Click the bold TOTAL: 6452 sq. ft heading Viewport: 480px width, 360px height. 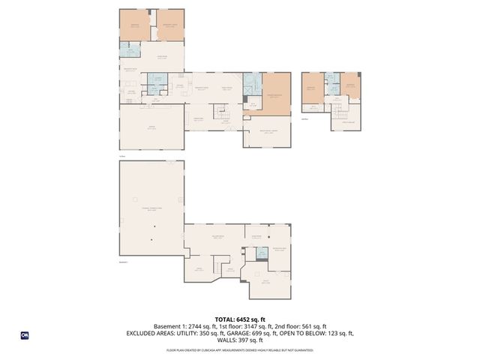coord(240,319)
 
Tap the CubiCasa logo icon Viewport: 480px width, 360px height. coord(24,335)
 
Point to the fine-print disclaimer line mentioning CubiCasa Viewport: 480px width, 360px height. coord(240,349)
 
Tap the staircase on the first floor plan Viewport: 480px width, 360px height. coord(220,112)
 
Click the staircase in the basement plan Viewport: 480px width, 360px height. coord(217,267)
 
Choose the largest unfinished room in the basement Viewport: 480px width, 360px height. coord(151,210)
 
